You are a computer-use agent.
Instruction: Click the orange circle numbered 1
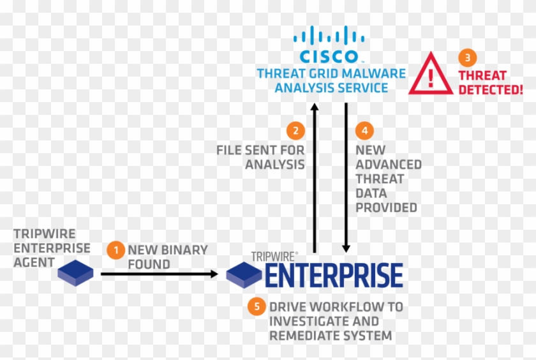pyautogui.click(x=115, y=250)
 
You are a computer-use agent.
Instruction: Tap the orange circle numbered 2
pyautogui.click(x=295, y=130)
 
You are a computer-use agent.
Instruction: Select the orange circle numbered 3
pyautogui.click(x=467, y=57)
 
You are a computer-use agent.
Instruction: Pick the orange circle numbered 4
pyautogui.click(x=364, y=130)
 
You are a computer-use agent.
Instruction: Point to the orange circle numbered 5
pyautogui.click(x=257, y=306)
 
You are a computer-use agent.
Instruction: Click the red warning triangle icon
pyautogui.click(x=431, y=76)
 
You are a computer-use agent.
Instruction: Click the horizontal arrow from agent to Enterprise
pyautogui.click(x=160, y=274)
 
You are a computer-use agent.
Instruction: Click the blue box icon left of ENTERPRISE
pyautogui.click(x=244, y=275)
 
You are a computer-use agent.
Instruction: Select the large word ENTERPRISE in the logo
pyautogui.click(x=334, y=275)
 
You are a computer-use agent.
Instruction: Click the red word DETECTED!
pyautogui.click(x=490, y=89)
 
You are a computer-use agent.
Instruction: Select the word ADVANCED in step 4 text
pyautogui.click(x=388, y=164)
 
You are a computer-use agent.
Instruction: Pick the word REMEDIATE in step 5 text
pyautogui.click(x=302, y=335)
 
